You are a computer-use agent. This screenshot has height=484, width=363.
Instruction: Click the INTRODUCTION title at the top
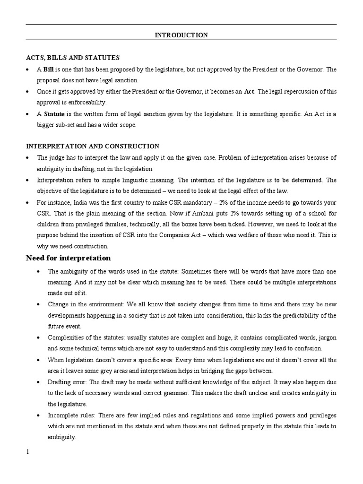pos(181,35)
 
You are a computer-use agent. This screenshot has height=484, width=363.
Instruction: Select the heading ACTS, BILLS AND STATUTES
pos(72,58)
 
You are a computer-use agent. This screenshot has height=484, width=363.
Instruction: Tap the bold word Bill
pos(48,69)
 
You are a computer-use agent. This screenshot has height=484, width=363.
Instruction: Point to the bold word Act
pos(249,91)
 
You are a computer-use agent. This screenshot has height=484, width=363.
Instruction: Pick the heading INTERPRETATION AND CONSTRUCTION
pos(92,147)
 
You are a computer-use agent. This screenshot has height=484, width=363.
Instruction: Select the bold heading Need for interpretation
pos(68,258)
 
